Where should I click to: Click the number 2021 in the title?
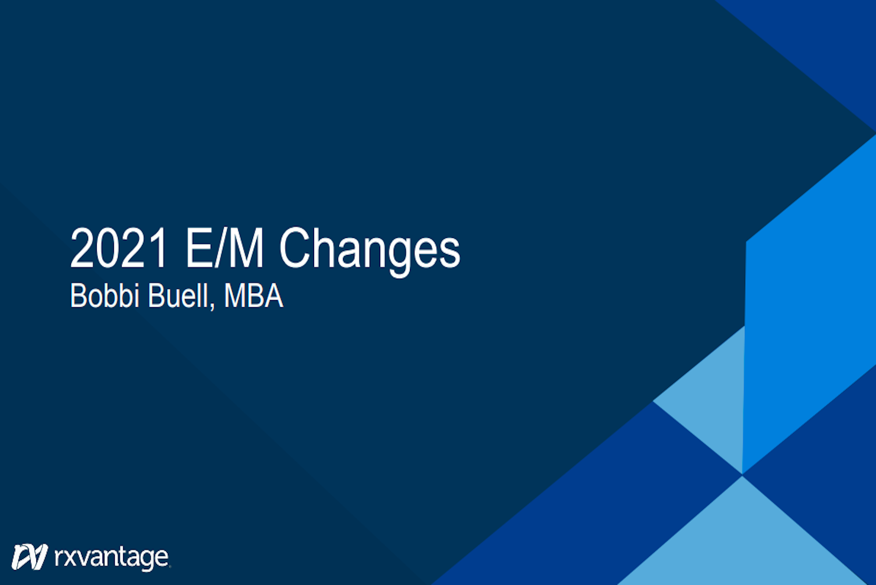118,248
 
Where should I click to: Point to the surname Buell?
178,296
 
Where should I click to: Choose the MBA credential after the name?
254,296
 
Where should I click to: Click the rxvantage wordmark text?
111,557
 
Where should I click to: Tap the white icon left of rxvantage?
29,557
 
